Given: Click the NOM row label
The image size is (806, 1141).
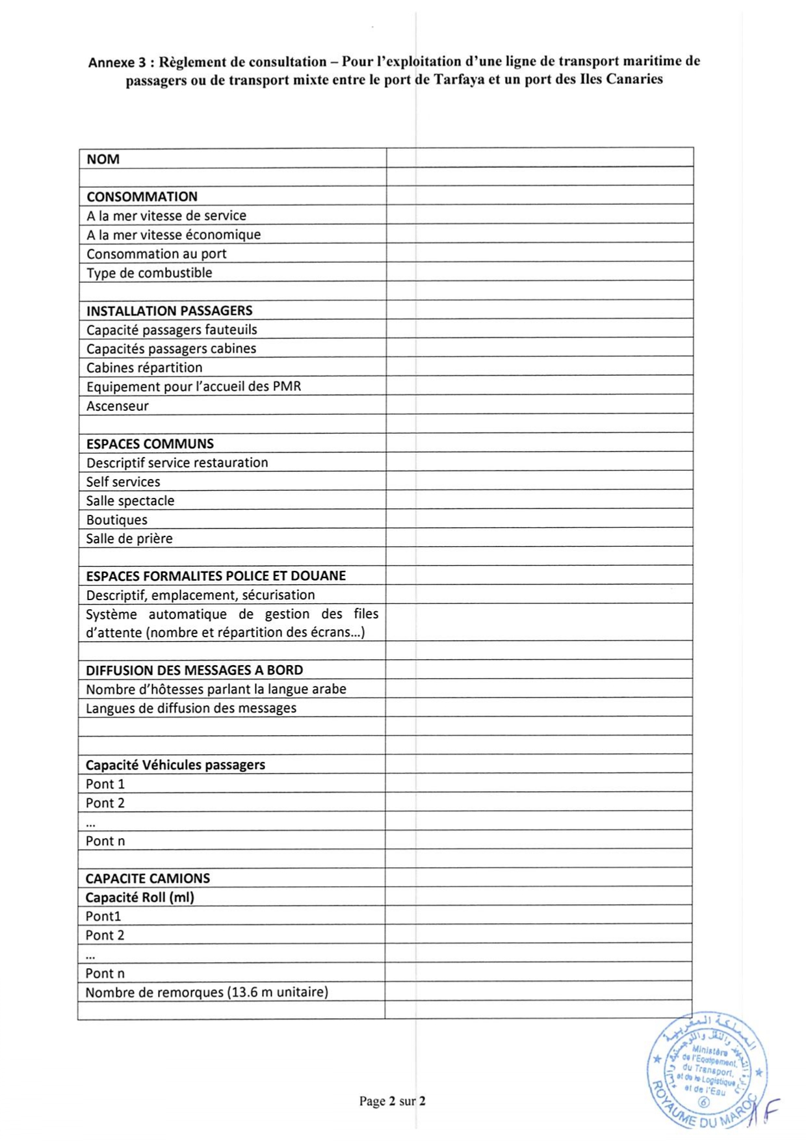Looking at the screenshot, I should [103, 159].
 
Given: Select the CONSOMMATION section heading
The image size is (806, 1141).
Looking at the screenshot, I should [142, 197].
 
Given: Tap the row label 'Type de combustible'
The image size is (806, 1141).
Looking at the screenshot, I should [149, 273].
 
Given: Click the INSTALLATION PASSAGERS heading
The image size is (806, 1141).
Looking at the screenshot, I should [169, 311].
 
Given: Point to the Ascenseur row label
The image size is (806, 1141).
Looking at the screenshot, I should [117, 406].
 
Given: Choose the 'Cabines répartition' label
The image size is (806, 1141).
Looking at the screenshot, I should [144, 368].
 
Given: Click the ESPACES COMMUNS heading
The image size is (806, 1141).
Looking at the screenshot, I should [149, 444].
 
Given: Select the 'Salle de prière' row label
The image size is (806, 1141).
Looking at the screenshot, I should [129, 539].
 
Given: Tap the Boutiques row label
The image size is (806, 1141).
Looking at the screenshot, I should [116, 520].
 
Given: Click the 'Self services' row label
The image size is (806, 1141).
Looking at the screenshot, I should [123, 482].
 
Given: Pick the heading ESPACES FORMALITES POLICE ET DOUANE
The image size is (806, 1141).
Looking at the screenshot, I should [216, 576].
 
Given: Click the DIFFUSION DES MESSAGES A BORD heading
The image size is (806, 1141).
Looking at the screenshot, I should [194, 670].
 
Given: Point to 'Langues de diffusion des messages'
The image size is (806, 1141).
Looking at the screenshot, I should [191, 708].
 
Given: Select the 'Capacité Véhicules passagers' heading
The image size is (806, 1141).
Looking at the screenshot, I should [175, 765].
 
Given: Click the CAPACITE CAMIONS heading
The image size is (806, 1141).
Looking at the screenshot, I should [148, 878].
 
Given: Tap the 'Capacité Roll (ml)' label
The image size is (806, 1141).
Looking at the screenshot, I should [140, 898].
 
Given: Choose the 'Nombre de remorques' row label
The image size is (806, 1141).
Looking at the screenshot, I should [207, 992].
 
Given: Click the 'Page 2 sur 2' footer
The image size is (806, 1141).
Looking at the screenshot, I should [392, 1101].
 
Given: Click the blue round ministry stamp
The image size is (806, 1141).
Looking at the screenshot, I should [707, 1070].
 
